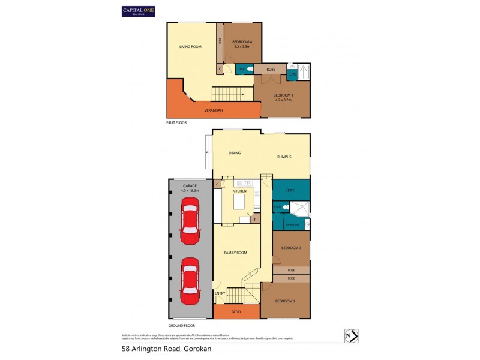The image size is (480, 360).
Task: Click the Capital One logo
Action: click(x=138, y=11)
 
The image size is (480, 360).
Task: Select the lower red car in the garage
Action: click(x=190, y=281)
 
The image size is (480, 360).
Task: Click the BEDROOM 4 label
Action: click(x=242, y=40)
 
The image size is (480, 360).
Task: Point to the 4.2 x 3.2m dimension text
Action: click(x=282, y=100)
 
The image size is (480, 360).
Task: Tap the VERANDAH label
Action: click(x=214, y=110)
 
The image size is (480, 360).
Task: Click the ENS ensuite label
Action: click(x=292, y=74)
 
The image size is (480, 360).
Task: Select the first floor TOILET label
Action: click(x=241, y=70)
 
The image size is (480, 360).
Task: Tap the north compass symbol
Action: click(x=350, y=336)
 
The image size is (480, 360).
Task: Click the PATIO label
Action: click(x=236, y=312)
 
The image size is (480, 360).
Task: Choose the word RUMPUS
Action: click(x=284, y=157)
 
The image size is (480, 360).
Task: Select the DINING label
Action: click(x=235, y=153)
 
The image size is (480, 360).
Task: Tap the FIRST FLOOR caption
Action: click(x=176, y=122)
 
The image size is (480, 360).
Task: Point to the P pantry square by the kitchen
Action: click(x=255, y=220)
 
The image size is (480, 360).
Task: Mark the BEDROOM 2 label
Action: click(x=285, y=301)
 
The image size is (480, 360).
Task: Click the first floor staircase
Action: click(x=228, y=94)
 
